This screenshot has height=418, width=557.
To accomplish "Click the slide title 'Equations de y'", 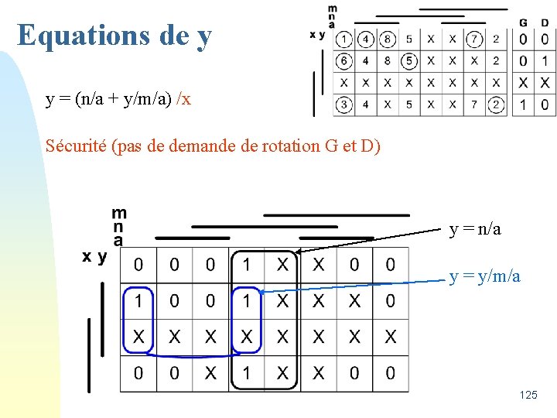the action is click(114, 35).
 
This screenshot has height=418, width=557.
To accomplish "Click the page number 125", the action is click(528, 395).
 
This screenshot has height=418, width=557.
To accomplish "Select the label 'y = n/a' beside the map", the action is click(475, 229).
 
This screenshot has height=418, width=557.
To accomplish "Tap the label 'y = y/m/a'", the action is click(484, 276).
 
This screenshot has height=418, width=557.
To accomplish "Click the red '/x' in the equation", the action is click(183, 99).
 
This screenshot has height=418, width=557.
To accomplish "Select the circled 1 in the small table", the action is click(343, 39).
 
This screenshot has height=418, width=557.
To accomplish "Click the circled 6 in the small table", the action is click(343, 60).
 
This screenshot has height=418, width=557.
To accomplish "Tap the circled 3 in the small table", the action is click(343, 104).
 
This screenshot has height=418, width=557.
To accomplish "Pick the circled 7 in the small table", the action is click(474, 39).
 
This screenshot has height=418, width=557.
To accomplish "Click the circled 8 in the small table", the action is click(387, 39).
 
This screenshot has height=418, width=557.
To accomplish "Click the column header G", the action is click(524, 22).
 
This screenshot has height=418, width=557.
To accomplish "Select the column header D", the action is click(545, 22).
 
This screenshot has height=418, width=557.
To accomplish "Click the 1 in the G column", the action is click(524, 104).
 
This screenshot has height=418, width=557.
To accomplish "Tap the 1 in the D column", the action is click(545, 60).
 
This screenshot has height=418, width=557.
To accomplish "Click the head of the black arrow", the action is click(296, 252).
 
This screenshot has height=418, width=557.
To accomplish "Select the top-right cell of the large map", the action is click(390, 266).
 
